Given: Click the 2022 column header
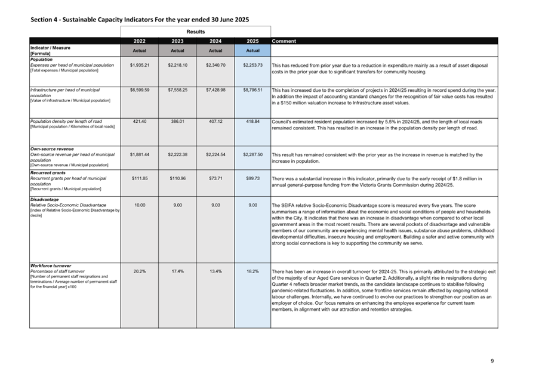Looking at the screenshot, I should tap(139, 41).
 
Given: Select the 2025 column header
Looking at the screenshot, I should tap(252, 41).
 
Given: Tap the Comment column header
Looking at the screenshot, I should tap(284, 41).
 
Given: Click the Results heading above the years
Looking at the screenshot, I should tap(195, 32).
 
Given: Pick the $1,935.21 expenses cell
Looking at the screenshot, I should tap(139, 65).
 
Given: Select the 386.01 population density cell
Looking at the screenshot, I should tap(177, 121).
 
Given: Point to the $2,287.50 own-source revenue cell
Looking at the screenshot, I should tap(252, 154).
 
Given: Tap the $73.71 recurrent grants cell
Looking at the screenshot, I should tap(215, 178).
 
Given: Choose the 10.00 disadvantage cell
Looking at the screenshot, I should tap(139, 205).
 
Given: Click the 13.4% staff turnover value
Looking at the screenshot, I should tap(215, 271).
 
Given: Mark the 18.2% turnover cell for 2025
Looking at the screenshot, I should tap(252, 271).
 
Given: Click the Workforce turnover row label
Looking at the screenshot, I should tap(51, 265).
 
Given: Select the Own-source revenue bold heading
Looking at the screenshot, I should tap(52, 149).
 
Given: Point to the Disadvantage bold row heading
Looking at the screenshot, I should tap(44, 199).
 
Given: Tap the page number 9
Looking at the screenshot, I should tap(492, 361).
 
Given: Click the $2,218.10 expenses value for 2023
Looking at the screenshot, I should tap(177, 65).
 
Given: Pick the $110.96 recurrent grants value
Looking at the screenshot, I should tap(177, 178).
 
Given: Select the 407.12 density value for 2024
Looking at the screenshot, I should tap(215, 121).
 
